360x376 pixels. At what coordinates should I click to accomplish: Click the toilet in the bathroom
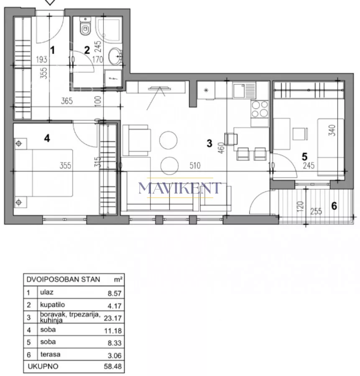point(85,26)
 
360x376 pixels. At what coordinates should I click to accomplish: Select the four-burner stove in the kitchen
point(260,109)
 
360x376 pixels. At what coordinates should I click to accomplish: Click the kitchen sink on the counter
point(244,90)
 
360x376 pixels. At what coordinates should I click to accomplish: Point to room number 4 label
point(47,138)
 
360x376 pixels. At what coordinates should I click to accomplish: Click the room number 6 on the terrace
point(334,206)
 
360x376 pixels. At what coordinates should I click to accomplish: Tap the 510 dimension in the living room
point(195,165)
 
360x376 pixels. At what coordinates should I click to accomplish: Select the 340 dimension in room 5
point(332,130)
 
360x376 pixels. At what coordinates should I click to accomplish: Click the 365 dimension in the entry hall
point(67,101)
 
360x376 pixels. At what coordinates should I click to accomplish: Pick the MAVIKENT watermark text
point(180,188)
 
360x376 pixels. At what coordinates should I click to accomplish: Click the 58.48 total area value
point(113,366)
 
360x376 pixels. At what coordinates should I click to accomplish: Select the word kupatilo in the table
point(52,305)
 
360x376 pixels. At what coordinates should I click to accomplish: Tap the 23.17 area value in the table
point(113,318)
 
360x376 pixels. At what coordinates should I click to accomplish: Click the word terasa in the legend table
point(50,354)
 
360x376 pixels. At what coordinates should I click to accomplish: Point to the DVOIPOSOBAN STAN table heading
point(63,279)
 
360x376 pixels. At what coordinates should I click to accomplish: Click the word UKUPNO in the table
point(43,366)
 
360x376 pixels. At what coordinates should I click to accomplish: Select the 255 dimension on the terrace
point(316,211)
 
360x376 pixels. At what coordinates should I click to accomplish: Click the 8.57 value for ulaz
point(115,293)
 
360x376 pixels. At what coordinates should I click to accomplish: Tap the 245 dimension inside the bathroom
point(98,46)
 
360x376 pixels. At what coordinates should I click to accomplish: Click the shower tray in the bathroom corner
point(108,30)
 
